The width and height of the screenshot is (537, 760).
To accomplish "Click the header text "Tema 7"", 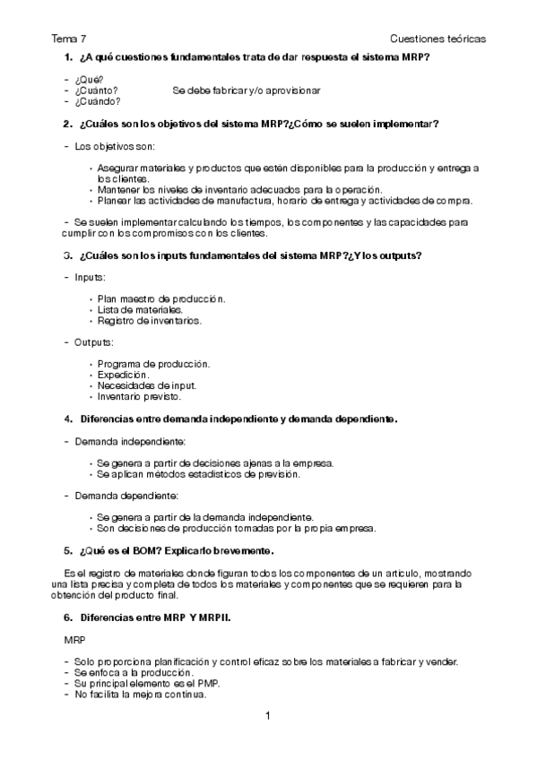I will (x=69, y=39).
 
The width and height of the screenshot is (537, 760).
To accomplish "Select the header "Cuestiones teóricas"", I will (x=438, y=39).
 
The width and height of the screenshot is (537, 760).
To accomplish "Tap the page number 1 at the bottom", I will (x=268, y=715).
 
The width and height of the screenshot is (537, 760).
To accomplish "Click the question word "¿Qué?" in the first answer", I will (x=89, y=80).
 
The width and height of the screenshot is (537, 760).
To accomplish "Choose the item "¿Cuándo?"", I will (x=98, y=101).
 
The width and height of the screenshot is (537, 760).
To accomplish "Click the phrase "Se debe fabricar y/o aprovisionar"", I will (x=247, y=91).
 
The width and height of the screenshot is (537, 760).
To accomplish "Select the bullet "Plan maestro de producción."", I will (x=161, y=298).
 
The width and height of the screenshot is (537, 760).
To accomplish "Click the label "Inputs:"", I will (x=90, y=277).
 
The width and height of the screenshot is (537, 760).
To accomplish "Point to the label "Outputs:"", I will (x=93, y=342).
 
